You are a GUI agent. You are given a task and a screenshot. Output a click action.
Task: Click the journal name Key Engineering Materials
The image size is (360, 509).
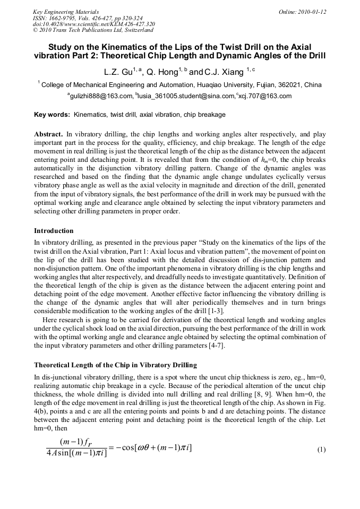coord(65,12)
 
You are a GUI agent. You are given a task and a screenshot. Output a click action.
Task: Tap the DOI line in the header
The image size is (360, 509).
coord(93,24)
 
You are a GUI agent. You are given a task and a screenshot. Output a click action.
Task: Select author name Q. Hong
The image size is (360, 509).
coord(163,72)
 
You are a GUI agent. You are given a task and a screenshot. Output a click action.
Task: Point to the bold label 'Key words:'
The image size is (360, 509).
coord(52,115)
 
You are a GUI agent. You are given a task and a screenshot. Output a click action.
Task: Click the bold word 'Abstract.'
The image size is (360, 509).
coord(49,134)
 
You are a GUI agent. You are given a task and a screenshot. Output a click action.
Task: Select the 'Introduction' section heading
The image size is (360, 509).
coord(54,231)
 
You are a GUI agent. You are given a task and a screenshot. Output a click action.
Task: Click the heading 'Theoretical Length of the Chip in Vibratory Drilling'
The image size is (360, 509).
coord(115,365)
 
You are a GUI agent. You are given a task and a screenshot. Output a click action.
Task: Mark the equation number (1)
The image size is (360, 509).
coord(321,450)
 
